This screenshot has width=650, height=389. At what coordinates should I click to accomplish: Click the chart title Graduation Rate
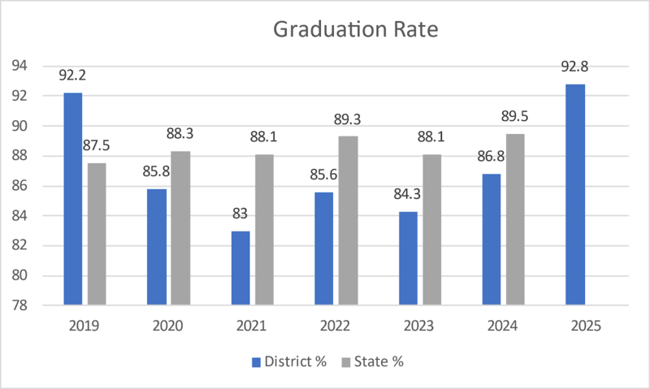pos(356,31)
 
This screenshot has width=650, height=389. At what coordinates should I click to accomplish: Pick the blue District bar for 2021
pos(240,268)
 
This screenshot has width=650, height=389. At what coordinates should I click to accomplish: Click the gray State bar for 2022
pos(348,220)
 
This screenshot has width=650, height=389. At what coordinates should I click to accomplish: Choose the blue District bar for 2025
pos(574,195)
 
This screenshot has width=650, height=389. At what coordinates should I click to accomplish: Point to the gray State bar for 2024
pos(514,219)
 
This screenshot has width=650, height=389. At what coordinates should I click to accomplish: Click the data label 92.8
pos(574,67)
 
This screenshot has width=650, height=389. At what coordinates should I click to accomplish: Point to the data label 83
pos(240,214)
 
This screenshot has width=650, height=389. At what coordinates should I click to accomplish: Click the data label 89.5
pos(514,118)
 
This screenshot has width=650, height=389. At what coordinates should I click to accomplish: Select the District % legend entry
pos(289,361)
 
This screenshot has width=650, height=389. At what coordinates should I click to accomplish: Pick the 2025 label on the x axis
pos(586,326)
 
